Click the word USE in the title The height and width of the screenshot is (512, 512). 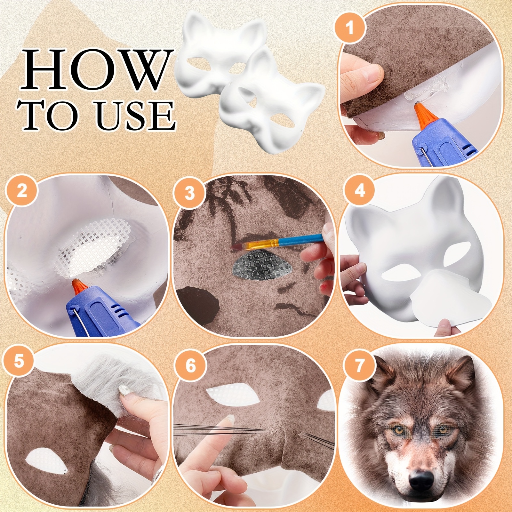[x=136, y=115]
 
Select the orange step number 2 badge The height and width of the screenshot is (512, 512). [x=22, y=192]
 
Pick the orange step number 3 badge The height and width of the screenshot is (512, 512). [x=189, y=193]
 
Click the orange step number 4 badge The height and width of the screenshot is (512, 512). [x=360, y=190]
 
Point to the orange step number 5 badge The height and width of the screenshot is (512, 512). [x=19, y=361]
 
